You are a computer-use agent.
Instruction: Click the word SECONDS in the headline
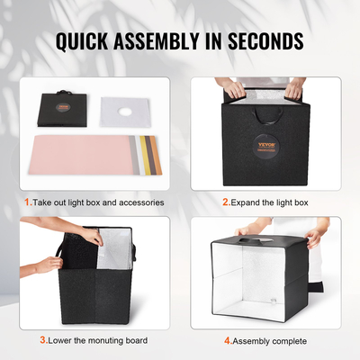(264, 41)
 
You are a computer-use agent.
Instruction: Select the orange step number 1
(28, 202)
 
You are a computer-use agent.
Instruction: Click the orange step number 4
(227, 341)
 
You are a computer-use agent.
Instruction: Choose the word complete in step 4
(289, 341)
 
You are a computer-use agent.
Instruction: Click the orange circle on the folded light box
(65, 113)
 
